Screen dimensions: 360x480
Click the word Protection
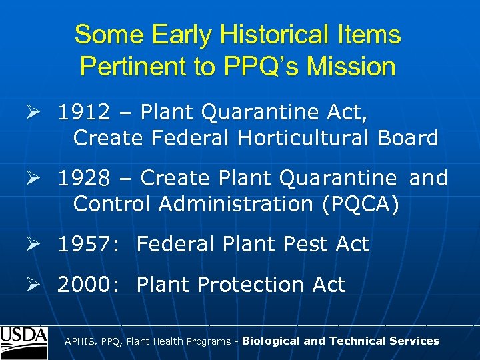[253, 285]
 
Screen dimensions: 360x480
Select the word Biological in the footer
[271, 341]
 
